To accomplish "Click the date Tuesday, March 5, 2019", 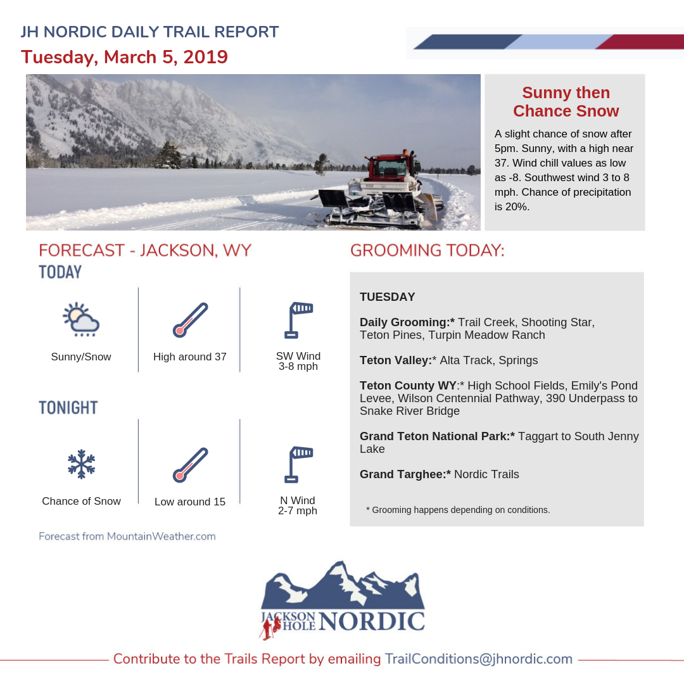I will (x=124, y=57).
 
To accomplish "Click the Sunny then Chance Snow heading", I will (x=566, y=102).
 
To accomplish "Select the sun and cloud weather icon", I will (x=81, y=319).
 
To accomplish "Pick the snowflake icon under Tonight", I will (x=81, y=464).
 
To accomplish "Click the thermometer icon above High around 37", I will (x=190, y=320).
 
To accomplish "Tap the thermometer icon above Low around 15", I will (x=190, y=465).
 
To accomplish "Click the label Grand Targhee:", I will (x=405, y=474).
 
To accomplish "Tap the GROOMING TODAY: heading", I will (x=427, y=251).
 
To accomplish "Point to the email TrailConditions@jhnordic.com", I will (x=479, y=659).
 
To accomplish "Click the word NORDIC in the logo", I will (x=372, y=621).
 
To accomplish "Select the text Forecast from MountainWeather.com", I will (x=127, y=536).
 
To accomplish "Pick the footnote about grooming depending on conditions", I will (x=458, y=510).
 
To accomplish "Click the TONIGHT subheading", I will (x=68, y=408).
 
